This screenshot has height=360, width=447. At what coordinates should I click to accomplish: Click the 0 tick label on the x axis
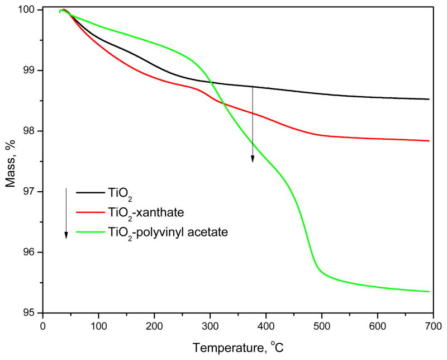pos(42,326)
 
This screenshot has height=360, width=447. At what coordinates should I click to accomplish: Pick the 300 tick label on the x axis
pos(210,326)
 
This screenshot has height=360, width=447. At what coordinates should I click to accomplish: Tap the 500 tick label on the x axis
pos(322,326)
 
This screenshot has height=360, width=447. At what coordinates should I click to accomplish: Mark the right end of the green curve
pos(429,291)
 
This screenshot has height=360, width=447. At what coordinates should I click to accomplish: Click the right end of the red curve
pos(429,141)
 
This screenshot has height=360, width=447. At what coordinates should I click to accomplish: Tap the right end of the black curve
pos(429,99)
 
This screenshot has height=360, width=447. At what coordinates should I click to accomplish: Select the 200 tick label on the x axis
pos(154,326)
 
